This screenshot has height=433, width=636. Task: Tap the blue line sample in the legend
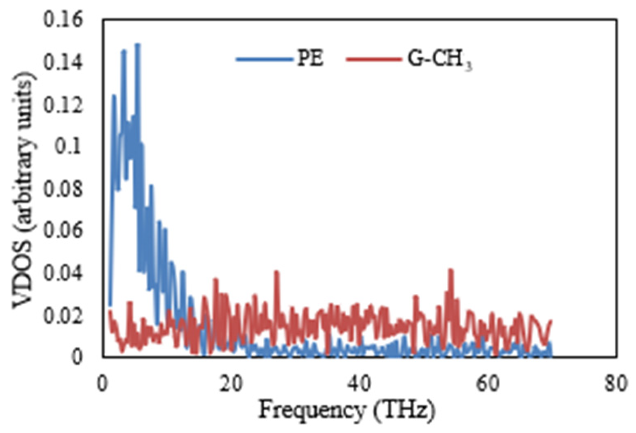pyautogui.click(x=264, y=59)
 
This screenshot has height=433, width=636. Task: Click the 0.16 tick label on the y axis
pyautogui.click(x=63, y=20)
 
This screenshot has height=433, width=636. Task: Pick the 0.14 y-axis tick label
pyautogui.click(x=63, y=62)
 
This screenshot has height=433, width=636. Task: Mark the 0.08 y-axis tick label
pyautogui.click(x=63, y=189)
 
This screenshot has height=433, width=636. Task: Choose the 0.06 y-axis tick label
pyautogui.click(x=63, y=231)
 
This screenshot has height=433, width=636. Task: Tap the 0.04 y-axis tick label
pyautogui.click(x=63, y=273)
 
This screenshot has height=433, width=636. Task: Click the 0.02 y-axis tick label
pyautogui.click(x=63, y=315)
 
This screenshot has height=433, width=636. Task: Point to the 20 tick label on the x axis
pyautogui.click(x=231, y=384)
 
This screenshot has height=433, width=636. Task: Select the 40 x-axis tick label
pyautogui.click(x=359, y=384)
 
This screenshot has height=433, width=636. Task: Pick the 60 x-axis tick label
pyautogui.click(x=488, y=384)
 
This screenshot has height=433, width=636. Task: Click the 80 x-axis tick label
pyautogui.click(x=616, y=384)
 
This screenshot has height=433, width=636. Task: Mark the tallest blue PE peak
pyautogui.click(x=137, y=45)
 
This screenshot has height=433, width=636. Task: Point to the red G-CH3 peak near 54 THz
pyautogui.click(x=451, y=270)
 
